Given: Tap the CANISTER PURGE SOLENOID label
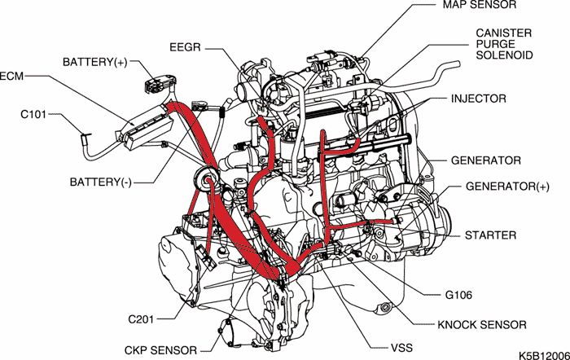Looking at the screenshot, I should (x=504, y=44).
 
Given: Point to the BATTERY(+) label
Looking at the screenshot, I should (x=94, y=62).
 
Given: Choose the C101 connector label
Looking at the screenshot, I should (x=36, y=115).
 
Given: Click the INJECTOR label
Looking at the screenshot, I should (x=479, y=99).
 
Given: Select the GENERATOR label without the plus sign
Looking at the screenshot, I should (x=485, y=160).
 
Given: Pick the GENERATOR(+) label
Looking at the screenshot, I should (x=502, y=186).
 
